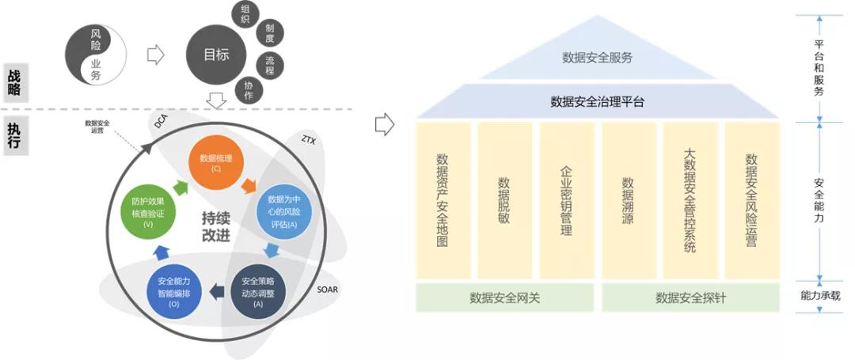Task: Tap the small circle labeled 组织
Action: click(x=245, y=15)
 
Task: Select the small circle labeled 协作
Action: click(x=249, y=90)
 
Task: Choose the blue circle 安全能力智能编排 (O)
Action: click(x=173, y=291)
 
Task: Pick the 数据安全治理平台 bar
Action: click(x=597, y=101)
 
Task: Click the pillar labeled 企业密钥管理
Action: click(x=566, y=200)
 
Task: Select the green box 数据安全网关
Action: click(x=504, y=298)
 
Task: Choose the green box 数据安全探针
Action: click(x=690, y=298)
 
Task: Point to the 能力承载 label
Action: click(x=819, y=295)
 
